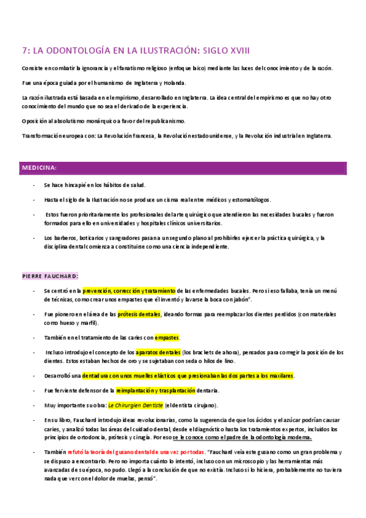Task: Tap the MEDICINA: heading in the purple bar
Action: (40, 167)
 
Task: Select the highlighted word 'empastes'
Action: (167, 337)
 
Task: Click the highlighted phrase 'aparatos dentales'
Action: (158, 352)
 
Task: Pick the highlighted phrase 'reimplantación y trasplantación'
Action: (156, 390)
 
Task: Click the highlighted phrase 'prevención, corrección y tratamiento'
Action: (130, 291)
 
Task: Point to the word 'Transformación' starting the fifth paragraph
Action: (41, 135)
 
